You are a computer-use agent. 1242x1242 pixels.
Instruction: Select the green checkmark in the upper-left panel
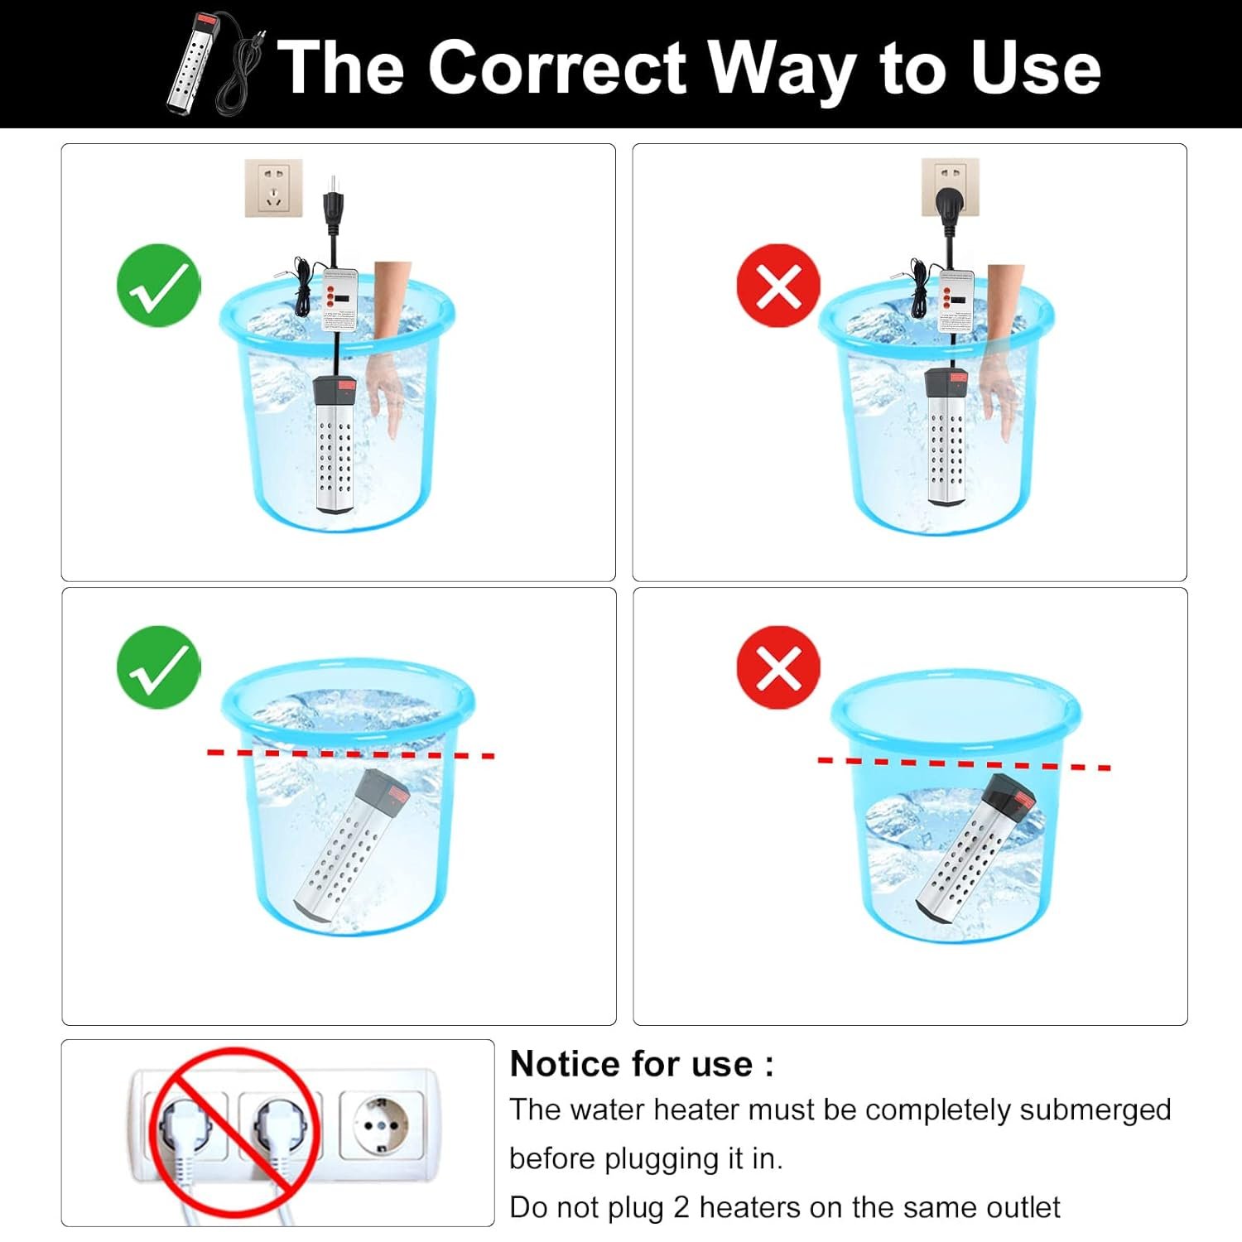(x=159, y=285)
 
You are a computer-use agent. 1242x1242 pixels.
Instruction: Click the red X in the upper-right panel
(x=778, y=286)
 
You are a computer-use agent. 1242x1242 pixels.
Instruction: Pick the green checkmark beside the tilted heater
(x=159, y=667)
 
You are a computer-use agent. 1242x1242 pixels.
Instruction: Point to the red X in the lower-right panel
(x=778, y=667)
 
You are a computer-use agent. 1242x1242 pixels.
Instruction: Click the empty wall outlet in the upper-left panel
(x=273, y=188)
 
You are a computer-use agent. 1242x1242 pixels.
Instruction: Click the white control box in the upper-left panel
(x=340, y=301)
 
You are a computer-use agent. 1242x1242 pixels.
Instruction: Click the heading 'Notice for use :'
(x=642, y=1064)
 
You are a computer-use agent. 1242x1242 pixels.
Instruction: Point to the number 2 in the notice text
(x=681, y=1207)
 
